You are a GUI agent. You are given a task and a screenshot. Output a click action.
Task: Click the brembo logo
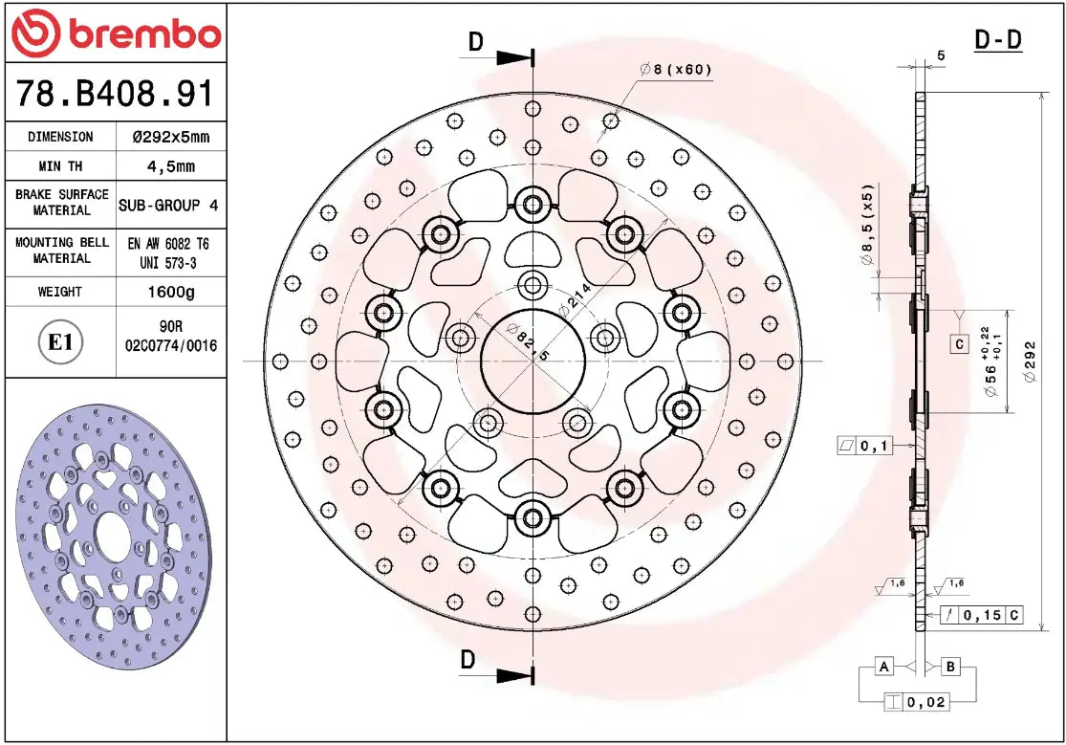click(115, 33)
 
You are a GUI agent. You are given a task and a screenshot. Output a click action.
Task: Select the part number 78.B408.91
click(115, 93)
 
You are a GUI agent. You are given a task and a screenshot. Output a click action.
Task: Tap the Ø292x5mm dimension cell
click(170, 137)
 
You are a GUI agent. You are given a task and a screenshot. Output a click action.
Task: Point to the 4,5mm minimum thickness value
click(170, 166)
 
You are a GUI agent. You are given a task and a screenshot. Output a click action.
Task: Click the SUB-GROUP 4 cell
click(168, 205)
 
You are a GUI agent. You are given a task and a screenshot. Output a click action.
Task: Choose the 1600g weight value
click(170, 292)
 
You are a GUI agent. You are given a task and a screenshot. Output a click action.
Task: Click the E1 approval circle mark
click(61, 342)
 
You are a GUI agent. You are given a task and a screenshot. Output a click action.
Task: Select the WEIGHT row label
click(59, 292)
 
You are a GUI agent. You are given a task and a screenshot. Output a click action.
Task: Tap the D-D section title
click(997, 40)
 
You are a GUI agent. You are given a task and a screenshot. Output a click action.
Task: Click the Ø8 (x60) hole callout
click(676, 69)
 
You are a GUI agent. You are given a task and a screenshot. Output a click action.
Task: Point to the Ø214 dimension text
click(576, 299)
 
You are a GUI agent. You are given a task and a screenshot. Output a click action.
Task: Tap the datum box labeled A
click(884, 666)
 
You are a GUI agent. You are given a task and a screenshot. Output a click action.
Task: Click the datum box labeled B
click(951, 666)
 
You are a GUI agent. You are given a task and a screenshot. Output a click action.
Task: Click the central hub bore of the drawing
click(532, 362)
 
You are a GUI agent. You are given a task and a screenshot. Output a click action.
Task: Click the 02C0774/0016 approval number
click(170, 346)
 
